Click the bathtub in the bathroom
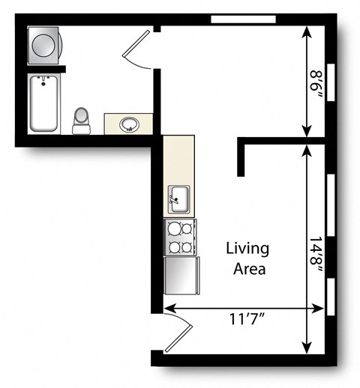coord(44,103)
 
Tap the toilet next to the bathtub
coord(80,121)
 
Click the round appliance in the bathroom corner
coord(42,46)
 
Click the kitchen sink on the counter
coord(178,198)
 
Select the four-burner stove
coord(180,237)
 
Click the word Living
coord(248,249)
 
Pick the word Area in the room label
coord(248,269)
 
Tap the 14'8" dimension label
coord(317,247)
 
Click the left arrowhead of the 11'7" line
coord(166,307)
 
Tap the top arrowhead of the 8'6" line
coord(307,31)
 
